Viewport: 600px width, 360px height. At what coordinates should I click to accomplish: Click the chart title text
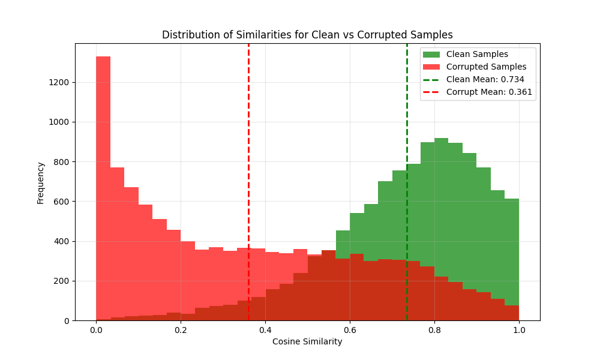pyautogui.click(x=307, y=35)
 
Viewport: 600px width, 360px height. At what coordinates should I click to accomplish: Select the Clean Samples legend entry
pyautogui.click(x=477, y=55)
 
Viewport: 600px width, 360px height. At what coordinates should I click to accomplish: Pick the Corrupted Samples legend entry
pyautogui.click(x=486, y=67)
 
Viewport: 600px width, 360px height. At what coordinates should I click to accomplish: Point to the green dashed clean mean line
pyautogui.click(x=407, y=120)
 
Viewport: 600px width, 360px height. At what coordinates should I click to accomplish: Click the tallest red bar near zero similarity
pyautogui.click(x=103, y=180)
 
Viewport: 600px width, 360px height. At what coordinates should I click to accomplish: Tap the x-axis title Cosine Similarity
pyautogui.click(x=307, y=342)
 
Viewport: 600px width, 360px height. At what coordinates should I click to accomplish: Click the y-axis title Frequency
pyautogui.click(x=41, y=182)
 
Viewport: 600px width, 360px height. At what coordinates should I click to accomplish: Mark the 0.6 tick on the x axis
pyautogui.click(x=350, y=330)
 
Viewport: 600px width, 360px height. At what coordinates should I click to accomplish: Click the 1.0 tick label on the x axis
pyautogui.click(x=519, y=330)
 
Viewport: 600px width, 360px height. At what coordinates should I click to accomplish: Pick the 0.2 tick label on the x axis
pyautogui.click(x=181, y=330)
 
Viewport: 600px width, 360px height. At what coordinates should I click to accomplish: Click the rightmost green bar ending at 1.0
pyautogui.click(x=512, y=252)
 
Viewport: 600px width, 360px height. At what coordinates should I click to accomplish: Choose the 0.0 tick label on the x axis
pyautogui.click(x=96, y=330)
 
